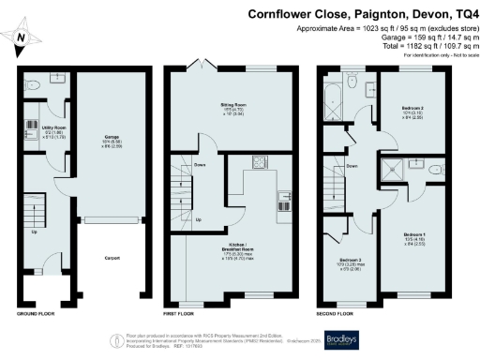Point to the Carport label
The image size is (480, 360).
click(x=110, y=258)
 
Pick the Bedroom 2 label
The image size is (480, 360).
click(x=413, y=112)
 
